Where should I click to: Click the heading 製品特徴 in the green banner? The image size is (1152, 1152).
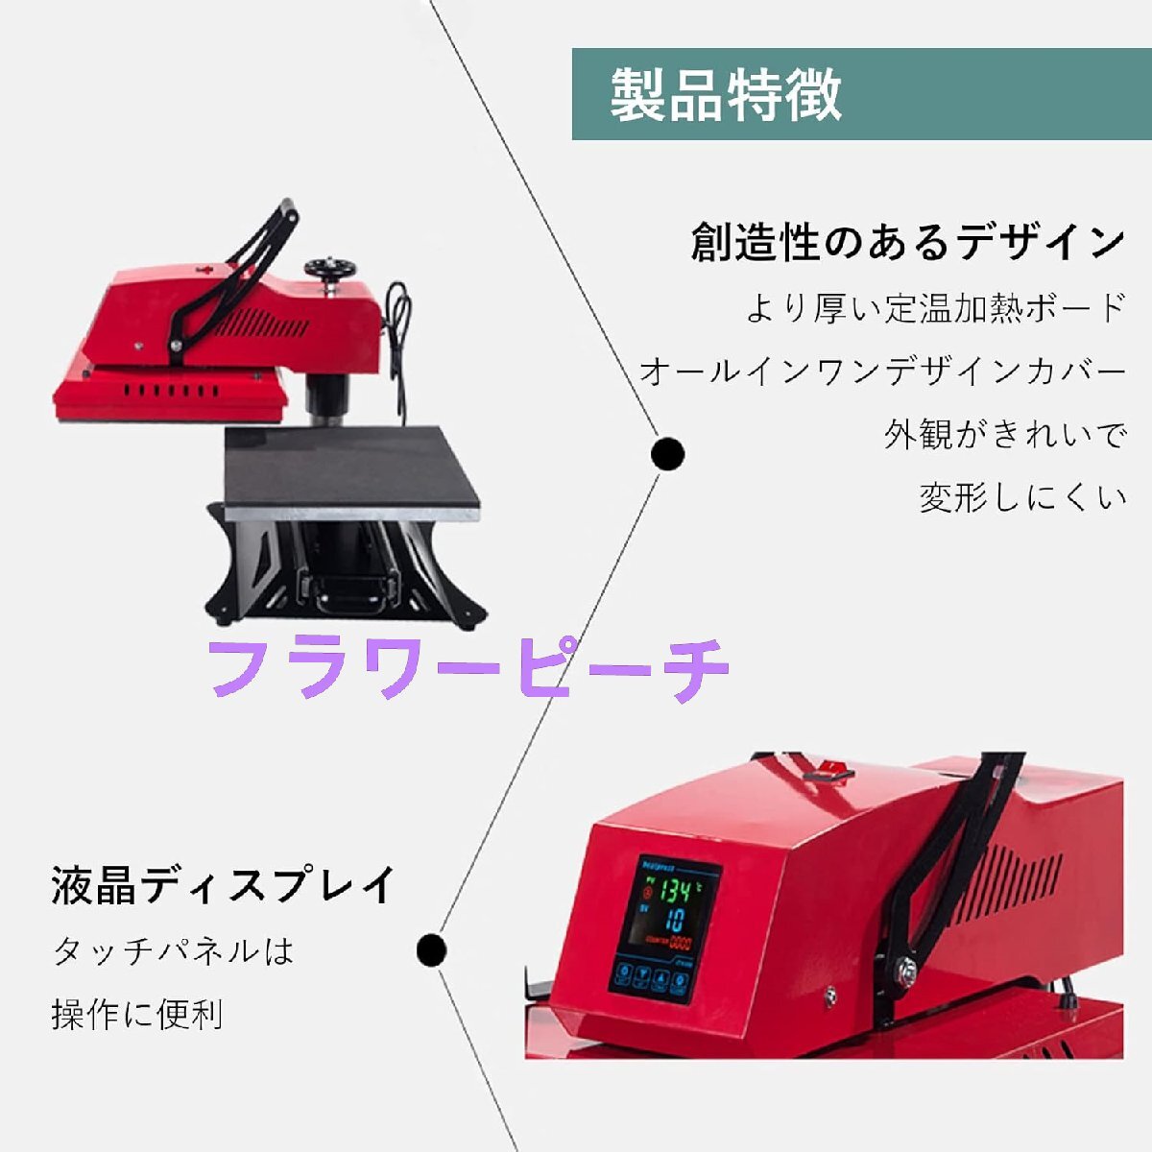(726, 94)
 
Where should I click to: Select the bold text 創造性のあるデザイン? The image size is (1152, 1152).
(907, 242)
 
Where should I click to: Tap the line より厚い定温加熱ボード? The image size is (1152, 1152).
(936, 308)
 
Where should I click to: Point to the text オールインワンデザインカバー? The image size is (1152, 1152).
(882, 372)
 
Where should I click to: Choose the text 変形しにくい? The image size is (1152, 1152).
(1022, 498)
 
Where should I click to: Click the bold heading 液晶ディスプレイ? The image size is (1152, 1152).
(224, 885)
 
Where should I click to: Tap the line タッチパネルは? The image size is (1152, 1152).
(173, 951)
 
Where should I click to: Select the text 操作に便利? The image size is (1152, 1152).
(137, 1014)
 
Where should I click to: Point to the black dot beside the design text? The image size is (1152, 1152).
(667, 453)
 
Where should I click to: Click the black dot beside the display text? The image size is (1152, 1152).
(432, 950)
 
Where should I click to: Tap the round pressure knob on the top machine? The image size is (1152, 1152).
(328, 267)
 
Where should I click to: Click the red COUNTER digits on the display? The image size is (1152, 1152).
(680, 942)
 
